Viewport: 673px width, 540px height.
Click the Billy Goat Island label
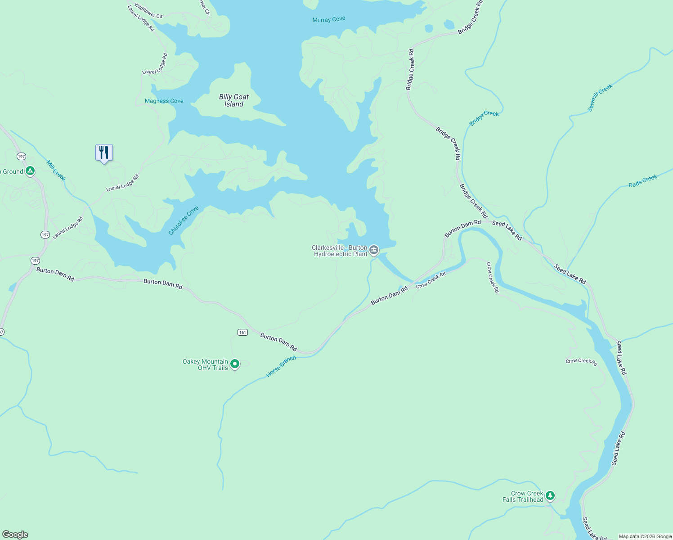[233, 100]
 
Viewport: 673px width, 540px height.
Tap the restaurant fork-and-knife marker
[104, 153]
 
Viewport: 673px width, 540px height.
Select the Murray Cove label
[329, 19]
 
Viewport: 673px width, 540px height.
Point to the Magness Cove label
[164, 101]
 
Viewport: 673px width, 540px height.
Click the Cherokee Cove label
[184, 220]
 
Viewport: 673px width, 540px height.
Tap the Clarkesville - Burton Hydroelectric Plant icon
[374, 250]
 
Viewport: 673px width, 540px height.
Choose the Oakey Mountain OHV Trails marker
[234, 364]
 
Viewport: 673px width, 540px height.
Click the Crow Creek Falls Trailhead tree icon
[550, 496]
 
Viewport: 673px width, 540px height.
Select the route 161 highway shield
[242, 333]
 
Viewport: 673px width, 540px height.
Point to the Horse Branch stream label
[281, 366]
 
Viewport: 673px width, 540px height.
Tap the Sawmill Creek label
[600, 98]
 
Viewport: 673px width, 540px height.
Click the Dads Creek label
[643, 181]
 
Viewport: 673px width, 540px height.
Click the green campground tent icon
[30, 171]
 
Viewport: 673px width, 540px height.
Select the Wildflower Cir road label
[148, 11]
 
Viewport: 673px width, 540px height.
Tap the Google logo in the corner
[15, 535]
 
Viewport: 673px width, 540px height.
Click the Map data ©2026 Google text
[645, 536]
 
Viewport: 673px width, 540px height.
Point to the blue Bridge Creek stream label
[484, 118]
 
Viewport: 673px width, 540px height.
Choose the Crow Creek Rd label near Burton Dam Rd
[431, 280]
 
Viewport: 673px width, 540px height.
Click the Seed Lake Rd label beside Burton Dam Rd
[507, 230]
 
